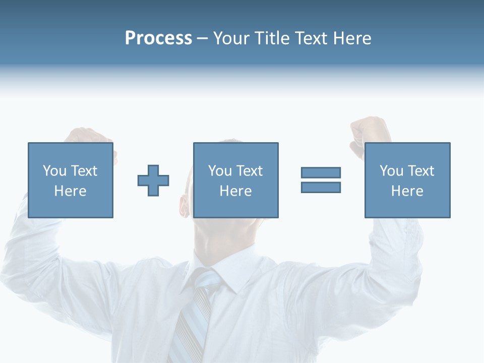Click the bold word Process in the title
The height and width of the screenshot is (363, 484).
click(x=158, y=38)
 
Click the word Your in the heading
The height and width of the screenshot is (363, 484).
click(x=232, y=38)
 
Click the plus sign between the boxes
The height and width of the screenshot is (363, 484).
click(x=153, y=180)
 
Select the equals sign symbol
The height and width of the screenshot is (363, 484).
click(x=321, y=180)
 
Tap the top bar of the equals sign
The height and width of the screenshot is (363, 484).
click(x=321, y=172)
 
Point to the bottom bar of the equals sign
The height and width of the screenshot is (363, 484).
click(x=321, y=188)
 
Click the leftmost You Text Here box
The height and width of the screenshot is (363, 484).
click(x=70, y=180)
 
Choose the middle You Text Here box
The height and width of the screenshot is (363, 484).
click(x=235, y=180)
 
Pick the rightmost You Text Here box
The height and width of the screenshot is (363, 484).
click(x=407, y=180)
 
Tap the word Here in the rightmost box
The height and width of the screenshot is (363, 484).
click(x=407, y=191)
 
